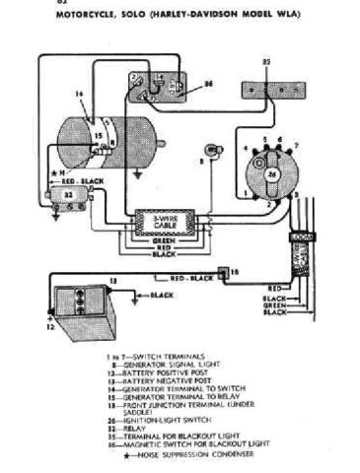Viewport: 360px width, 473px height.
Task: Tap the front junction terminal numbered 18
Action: pyautogui.click(x=235, y=270)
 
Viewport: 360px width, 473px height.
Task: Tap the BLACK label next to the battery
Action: pyautogui.click(x=163, y=295)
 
